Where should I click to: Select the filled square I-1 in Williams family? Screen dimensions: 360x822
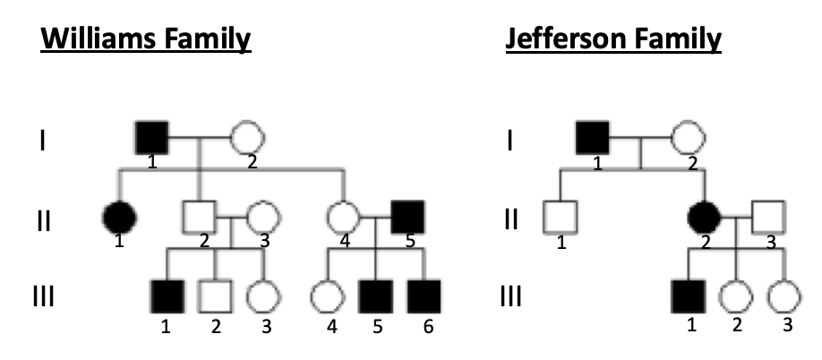[x=150, y=138]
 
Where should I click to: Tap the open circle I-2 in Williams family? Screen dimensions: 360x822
[x=248, y=138]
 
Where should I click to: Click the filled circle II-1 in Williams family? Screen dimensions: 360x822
[x=120, y=216]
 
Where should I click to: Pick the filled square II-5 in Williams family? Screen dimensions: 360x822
[x=408, y=216]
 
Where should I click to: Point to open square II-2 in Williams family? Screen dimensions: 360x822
[x=198, y=216]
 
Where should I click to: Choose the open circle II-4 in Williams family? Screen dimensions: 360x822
[x=343, y=216]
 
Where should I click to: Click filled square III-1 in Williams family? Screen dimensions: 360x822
[x=167, y=293]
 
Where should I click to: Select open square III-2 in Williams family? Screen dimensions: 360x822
[x=215, y=293]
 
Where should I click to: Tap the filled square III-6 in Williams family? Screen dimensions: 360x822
[x=424, y=293]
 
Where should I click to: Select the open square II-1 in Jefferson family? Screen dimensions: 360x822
[x=560, y=216]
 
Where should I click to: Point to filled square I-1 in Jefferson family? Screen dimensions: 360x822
[x=592, y=138]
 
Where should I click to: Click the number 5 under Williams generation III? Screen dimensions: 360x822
[x=377, y=327]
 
